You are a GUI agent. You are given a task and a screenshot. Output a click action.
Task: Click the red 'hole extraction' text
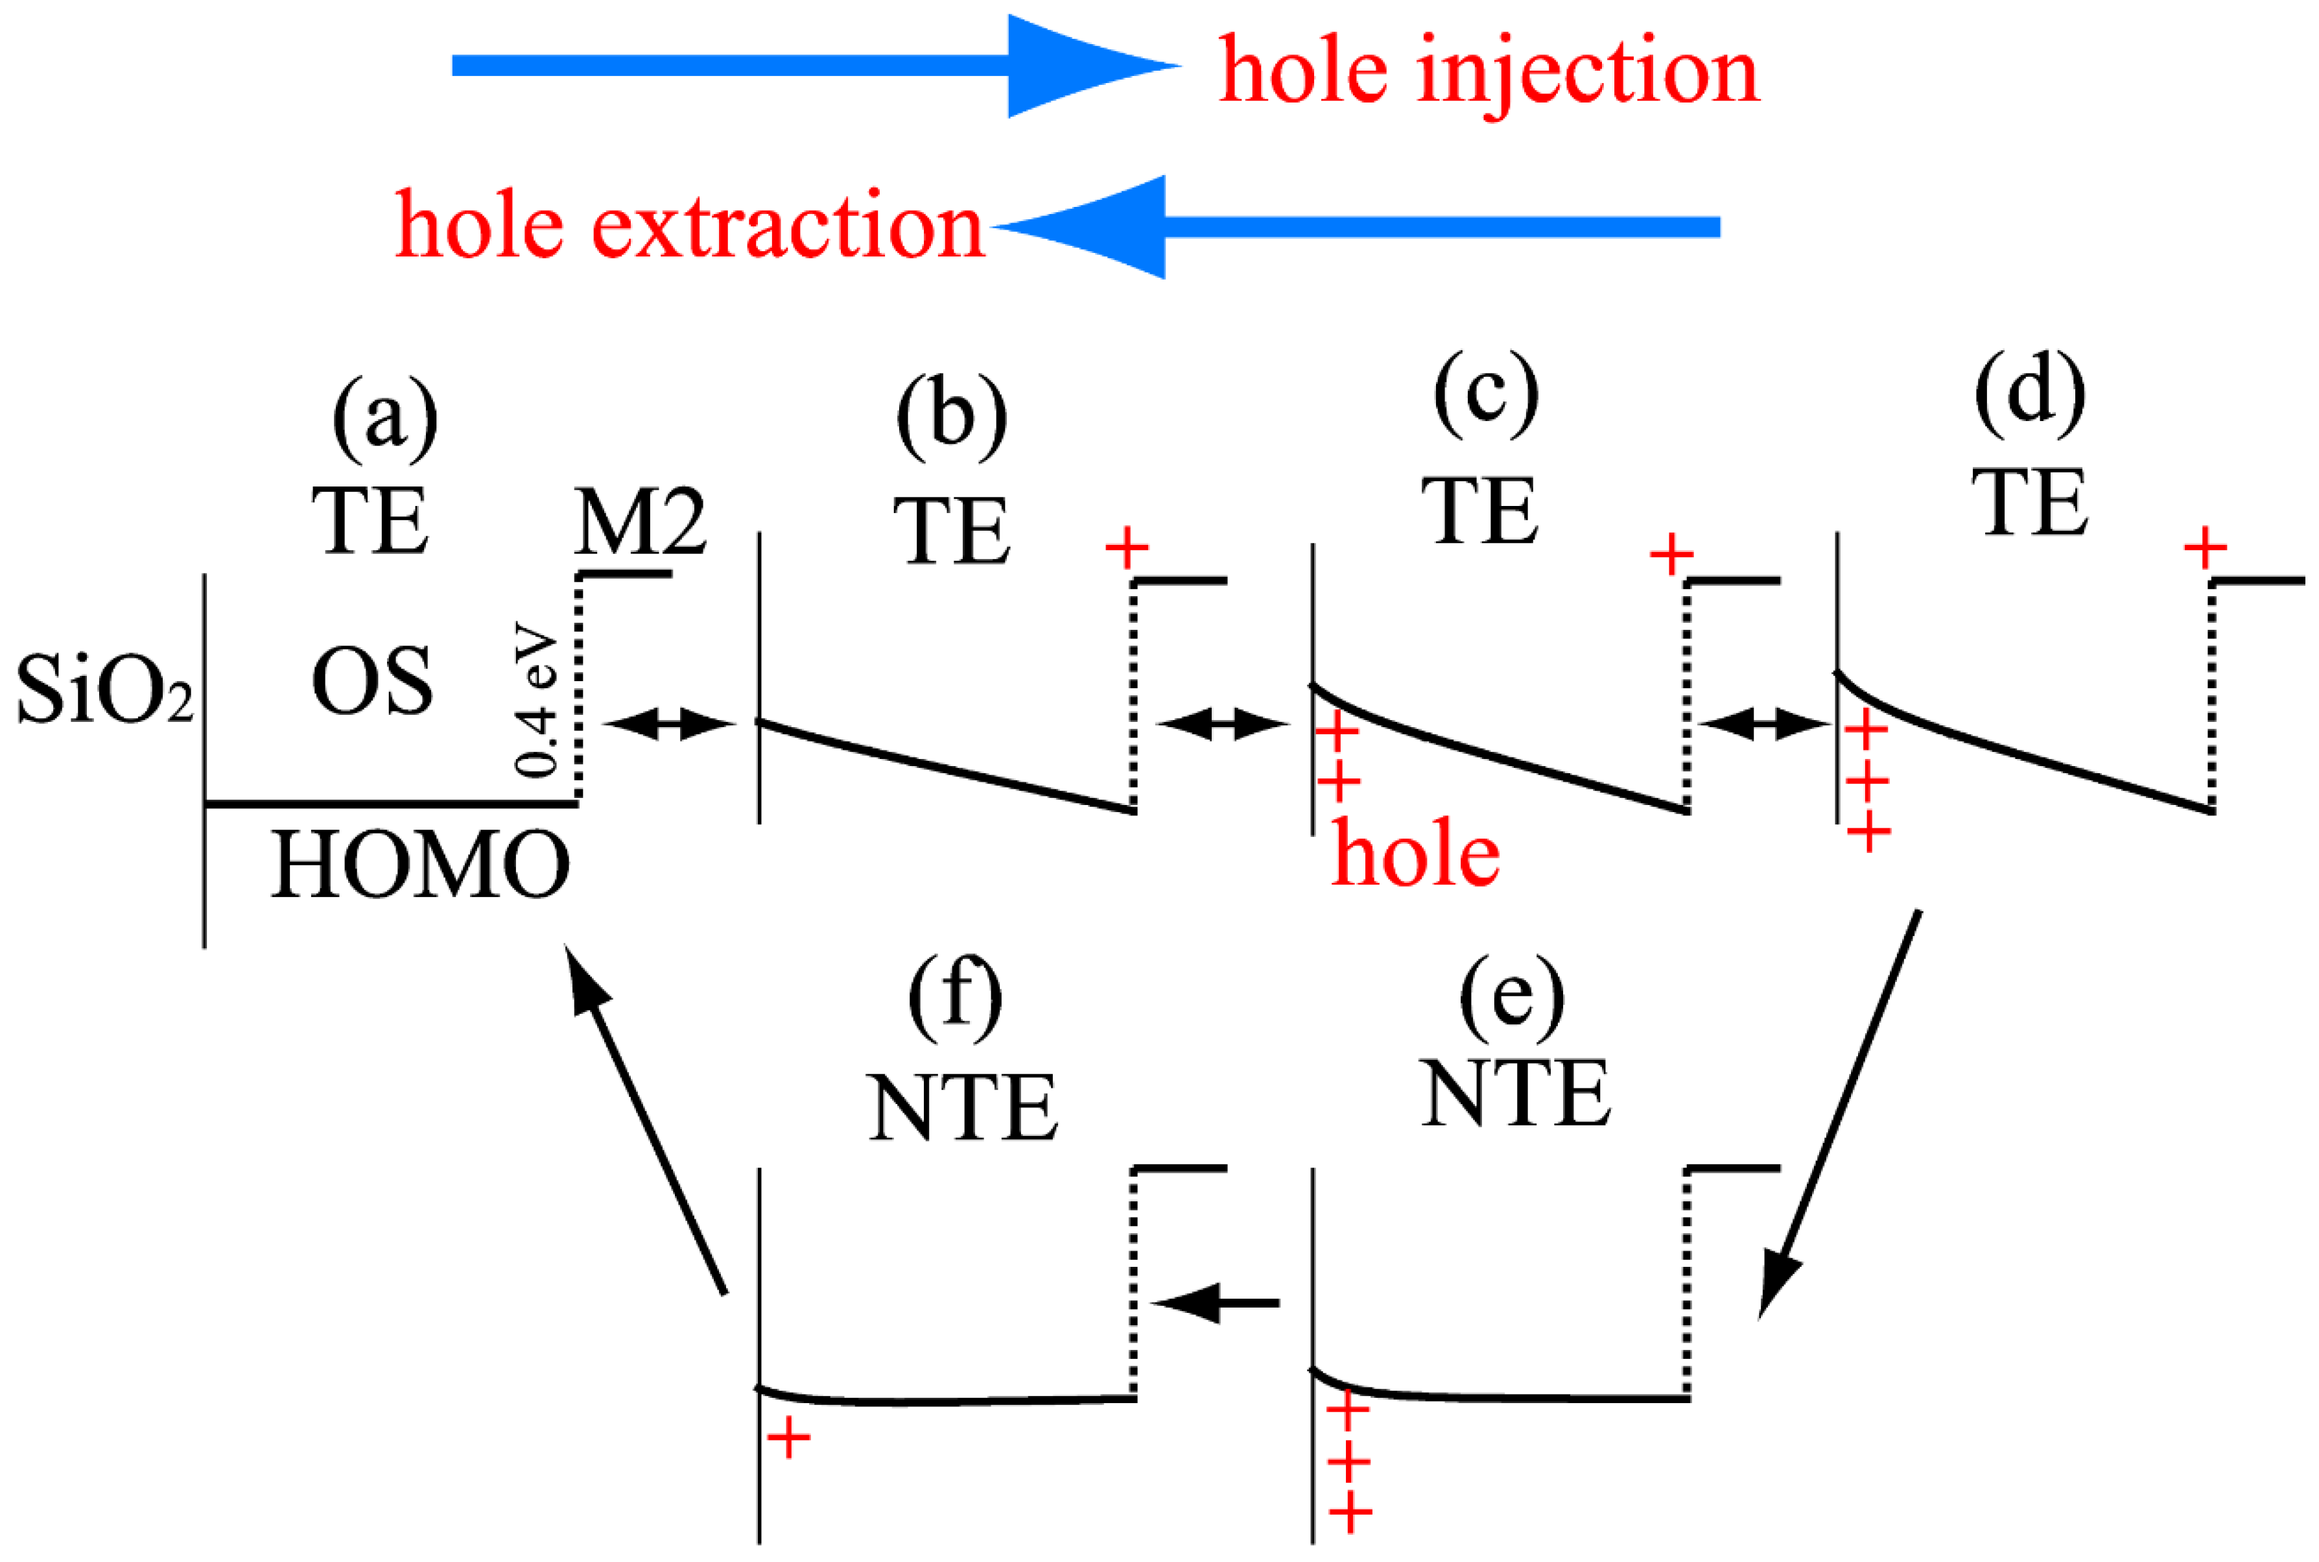(x=689, y=227)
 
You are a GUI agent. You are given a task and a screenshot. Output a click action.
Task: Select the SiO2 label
(x=104, y=690)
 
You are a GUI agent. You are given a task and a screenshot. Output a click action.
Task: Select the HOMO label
(x=419, y=865)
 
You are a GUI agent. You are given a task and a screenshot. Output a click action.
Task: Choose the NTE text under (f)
(x=962, y=1108)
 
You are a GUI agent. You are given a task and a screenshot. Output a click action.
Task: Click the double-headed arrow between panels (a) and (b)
(x=669, y=723)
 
